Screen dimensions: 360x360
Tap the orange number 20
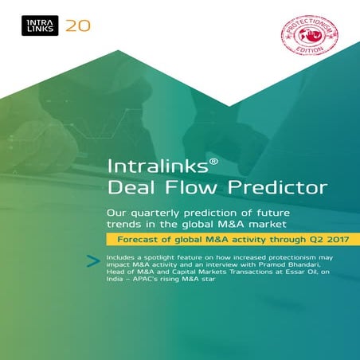tap(78, 25)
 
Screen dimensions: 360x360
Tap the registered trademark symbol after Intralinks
tap(203, 162)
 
